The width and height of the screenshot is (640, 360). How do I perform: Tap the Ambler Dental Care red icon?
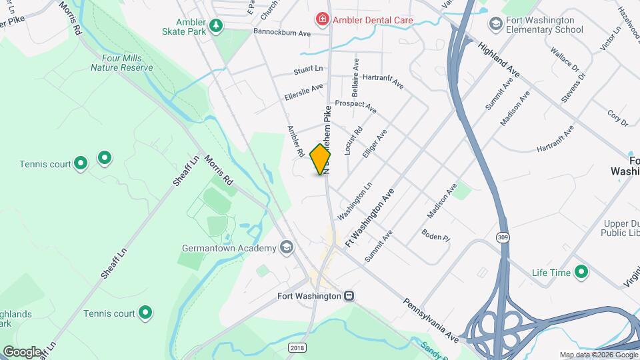click(323, 19)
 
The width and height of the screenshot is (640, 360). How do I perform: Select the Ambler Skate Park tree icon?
click(215, 26)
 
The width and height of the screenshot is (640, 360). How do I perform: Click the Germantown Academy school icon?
click(286, 248)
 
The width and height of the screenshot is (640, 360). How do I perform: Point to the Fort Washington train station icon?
click(349, 295)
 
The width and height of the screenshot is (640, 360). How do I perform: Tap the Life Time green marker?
click(581, 272)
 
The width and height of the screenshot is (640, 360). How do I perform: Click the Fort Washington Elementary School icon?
click(495, 25)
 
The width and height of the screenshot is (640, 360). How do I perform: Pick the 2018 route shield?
click(297, 347)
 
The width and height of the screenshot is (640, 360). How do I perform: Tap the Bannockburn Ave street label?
click(282, 33)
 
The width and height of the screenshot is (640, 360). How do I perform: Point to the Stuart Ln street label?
click(308, 69)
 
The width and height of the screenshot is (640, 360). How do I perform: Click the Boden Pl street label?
click(436, 235)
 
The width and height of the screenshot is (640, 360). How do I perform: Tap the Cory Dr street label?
click(618, 119)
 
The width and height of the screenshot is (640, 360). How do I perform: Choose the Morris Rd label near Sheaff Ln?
click(218, 171)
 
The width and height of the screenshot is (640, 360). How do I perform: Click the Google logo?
click(22, 351)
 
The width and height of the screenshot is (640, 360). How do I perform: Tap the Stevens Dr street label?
click(573, 87)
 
